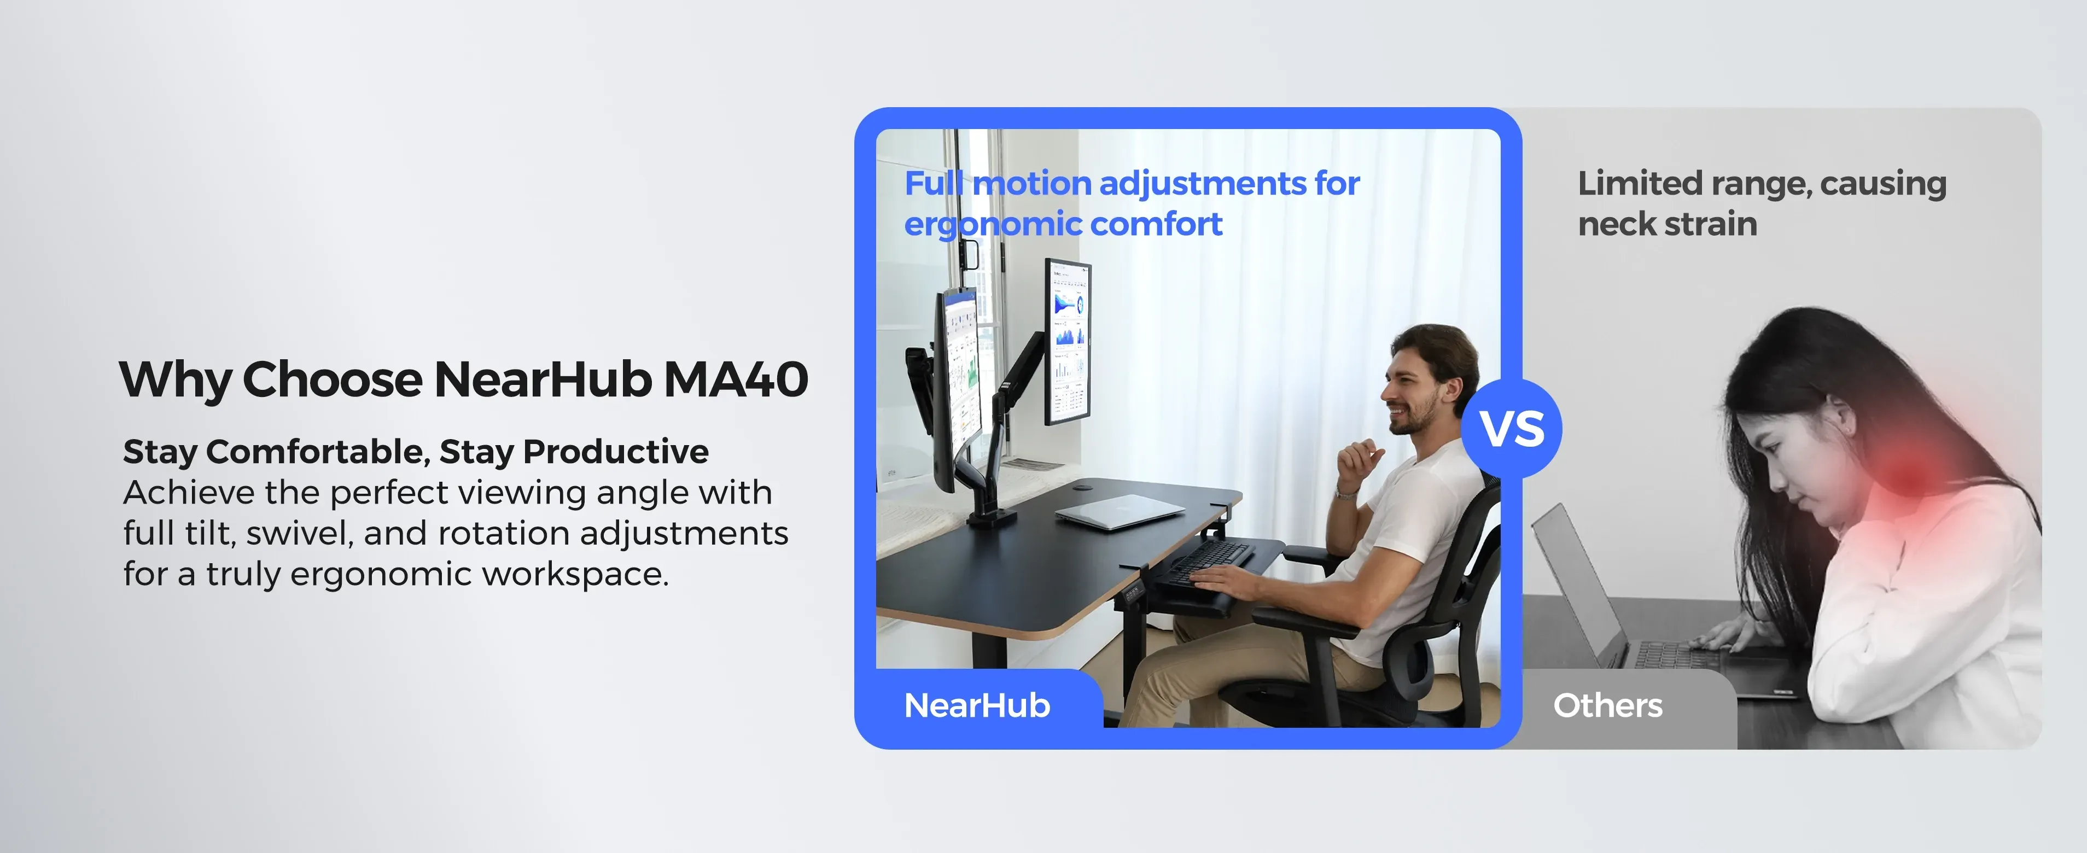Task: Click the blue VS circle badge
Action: (x=1512, y=429)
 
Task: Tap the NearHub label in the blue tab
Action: (x=977, y=705)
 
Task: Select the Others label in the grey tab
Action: (x=1607, y=705)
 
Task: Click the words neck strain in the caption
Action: (x=1668, y=224)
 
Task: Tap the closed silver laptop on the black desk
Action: (x=1120, y=512)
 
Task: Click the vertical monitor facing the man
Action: (x=1067, y=341)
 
